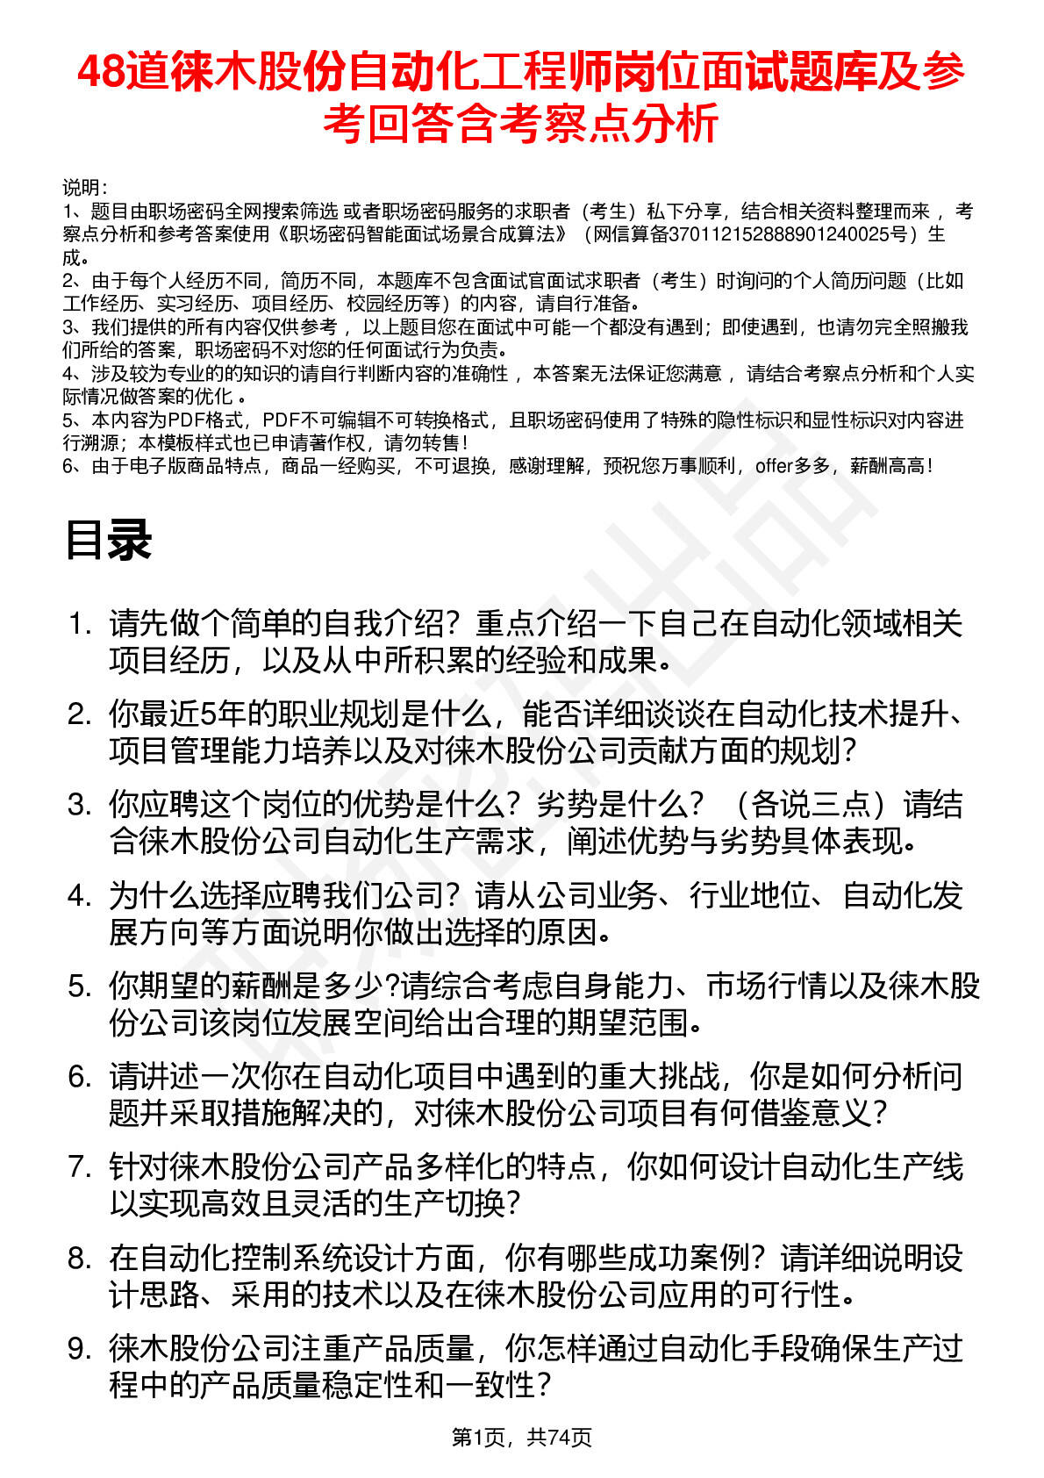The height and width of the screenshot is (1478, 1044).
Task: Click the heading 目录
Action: click(x=108, y=540)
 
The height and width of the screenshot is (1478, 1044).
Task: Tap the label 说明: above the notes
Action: click(x=84, y=188)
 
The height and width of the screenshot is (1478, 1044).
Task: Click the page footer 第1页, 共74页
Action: click(x=521, y=1437)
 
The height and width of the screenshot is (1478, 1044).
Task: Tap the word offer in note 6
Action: click(x=773, y=466)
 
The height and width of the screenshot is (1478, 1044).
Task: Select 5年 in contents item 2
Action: click(x=216, y=714)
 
